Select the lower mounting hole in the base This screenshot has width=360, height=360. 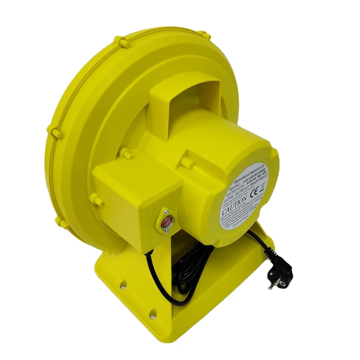pos(153,313)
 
